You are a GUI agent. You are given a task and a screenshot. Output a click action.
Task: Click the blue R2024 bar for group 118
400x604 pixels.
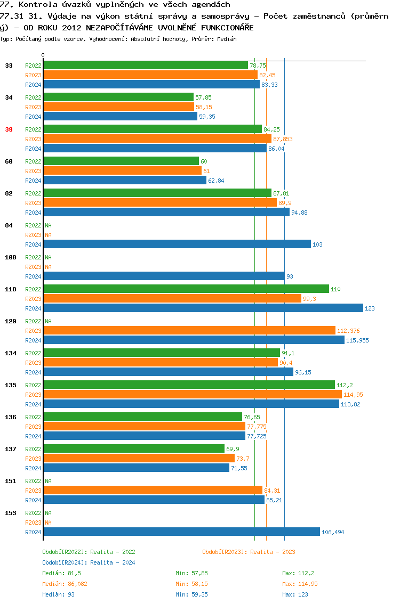coord(203,308)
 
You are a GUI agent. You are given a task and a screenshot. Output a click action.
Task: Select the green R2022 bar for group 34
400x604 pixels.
coord(118,97)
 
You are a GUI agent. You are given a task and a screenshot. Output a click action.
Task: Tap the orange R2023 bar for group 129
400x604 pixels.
coord(189,331)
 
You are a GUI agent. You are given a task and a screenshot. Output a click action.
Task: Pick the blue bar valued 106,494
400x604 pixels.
coord(181,532)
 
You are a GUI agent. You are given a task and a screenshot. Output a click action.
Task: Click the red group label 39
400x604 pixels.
coord(9,129)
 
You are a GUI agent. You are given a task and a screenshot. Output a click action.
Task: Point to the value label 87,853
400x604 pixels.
coord(283,140)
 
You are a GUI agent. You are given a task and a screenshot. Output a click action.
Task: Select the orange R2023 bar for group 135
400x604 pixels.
coord(193,395)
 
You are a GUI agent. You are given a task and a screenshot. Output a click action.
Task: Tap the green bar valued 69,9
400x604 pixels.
coord(134,449)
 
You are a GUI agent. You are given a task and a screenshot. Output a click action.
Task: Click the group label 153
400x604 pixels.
coord(10,513)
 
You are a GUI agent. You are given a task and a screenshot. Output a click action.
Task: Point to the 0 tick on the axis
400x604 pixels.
coord(43,55)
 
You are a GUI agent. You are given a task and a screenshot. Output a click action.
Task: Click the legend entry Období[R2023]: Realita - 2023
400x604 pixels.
coord(249,552)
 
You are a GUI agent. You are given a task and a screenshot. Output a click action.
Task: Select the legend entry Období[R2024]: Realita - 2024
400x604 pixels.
coord(89,563)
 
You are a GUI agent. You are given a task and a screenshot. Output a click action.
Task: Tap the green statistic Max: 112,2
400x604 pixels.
coord(298,574)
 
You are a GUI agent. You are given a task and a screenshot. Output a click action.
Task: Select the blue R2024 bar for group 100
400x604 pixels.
coord(164,276)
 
